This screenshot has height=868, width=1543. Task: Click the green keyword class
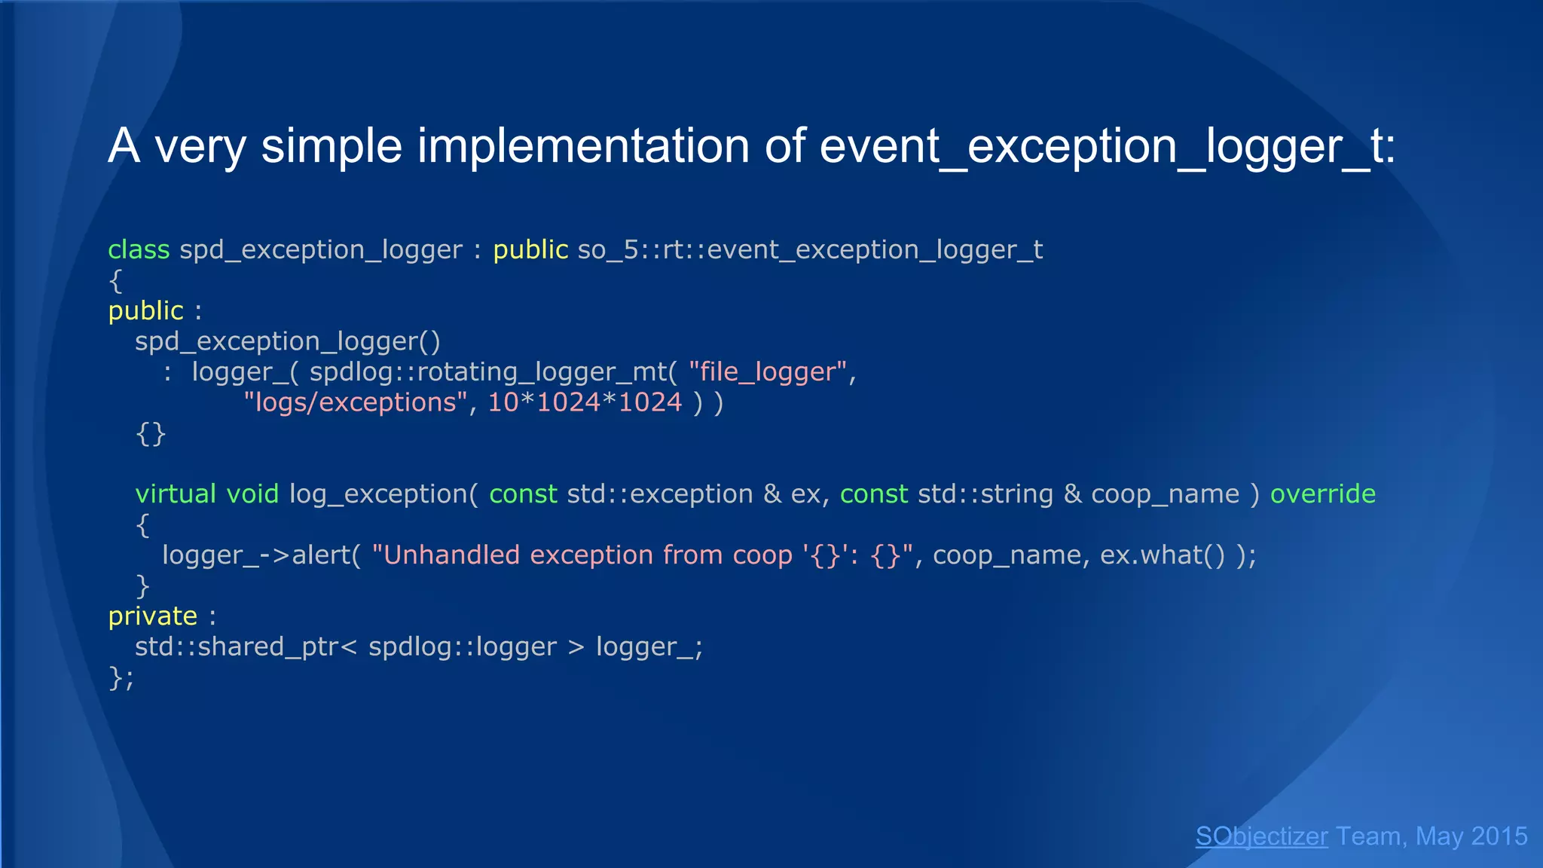tap(139, 249)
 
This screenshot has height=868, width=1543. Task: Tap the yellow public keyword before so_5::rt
tap(530, 249)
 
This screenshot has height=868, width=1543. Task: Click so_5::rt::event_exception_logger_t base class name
tap(810, 249)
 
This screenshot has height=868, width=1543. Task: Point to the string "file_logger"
tap(768, 371)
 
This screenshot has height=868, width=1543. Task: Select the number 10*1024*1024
tap(585, 402)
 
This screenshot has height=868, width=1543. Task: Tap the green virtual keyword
tap(176, 494)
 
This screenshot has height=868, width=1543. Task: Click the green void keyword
tap(253, 494)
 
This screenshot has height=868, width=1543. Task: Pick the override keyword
tap(1323, 494)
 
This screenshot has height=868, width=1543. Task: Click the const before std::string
tap(874, 494)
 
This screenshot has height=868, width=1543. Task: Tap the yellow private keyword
tap(153, 616)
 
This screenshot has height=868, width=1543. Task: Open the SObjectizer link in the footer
tap(1261, 836)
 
